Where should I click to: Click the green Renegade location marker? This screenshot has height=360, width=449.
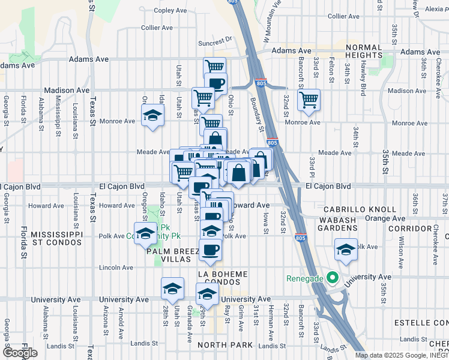pyautogui.click(x=330, y=278)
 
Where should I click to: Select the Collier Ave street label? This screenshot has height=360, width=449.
pyautogui.click(x=157, y=28)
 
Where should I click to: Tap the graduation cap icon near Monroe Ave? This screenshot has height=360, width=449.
pyautogui.click(x=152, y=115)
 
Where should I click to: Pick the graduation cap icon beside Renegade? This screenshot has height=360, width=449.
pyautogui.click(x=346, y=250)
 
